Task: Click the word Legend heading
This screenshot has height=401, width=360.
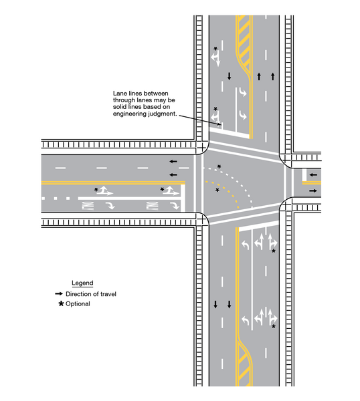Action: point(82,283)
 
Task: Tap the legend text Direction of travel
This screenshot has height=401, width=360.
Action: point(94,294)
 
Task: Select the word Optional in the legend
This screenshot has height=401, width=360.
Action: point(78,304)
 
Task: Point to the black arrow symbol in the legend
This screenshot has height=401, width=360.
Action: point(59,294)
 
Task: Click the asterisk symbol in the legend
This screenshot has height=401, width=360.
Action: point(60,304)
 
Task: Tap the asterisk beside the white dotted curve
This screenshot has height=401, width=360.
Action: point(219,166)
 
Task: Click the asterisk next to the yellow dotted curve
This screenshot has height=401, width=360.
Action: point(217,191)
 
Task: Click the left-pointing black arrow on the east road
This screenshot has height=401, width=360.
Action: point(312,177)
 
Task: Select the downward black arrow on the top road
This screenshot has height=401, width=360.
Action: point(229,77)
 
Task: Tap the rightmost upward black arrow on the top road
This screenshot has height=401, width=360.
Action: point(273,77)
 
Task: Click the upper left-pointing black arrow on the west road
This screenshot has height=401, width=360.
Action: point(173,161)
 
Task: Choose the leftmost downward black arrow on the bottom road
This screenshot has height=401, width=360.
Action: point(215,305)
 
